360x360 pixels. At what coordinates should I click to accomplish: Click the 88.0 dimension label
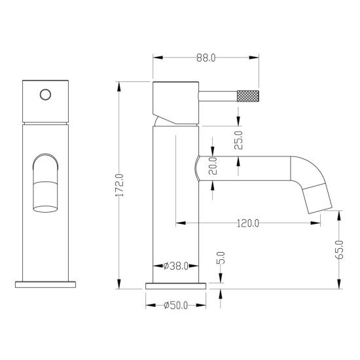(206, 58)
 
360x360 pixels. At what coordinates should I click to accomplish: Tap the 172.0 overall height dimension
(120, 185)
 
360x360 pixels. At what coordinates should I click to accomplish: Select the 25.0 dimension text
(238, 140)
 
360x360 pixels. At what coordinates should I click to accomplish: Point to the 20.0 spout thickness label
(213, 166)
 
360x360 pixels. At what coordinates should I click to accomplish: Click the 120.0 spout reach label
(248, 223)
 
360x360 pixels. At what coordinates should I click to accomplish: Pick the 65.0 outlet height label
(339, 250)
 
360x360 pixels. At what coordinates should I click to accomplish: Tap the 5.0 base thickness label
(221, 258)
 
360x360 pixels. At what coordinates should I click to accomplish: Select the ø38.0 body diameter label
(176, 266)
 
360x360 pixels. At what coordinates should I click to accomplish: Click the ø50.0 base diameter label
(176, 306)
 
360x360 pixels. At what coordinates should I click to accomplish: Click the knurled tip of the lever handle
(248, 96)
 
